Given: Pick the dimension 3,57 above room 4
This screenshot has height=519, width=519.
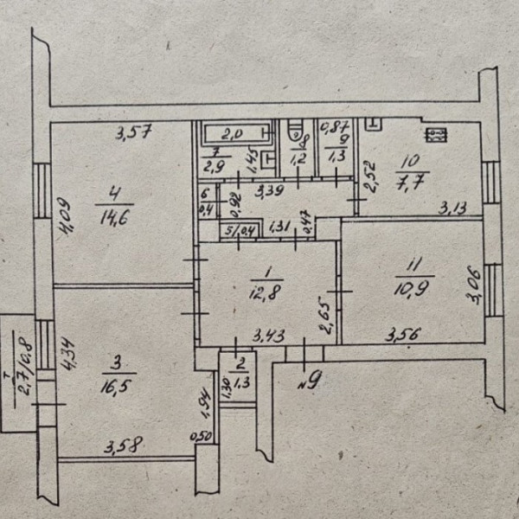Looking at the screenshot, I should pos(135,132).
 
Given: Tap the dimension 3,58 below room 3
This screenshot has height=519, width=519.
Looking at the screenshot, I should pos(123,446).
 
